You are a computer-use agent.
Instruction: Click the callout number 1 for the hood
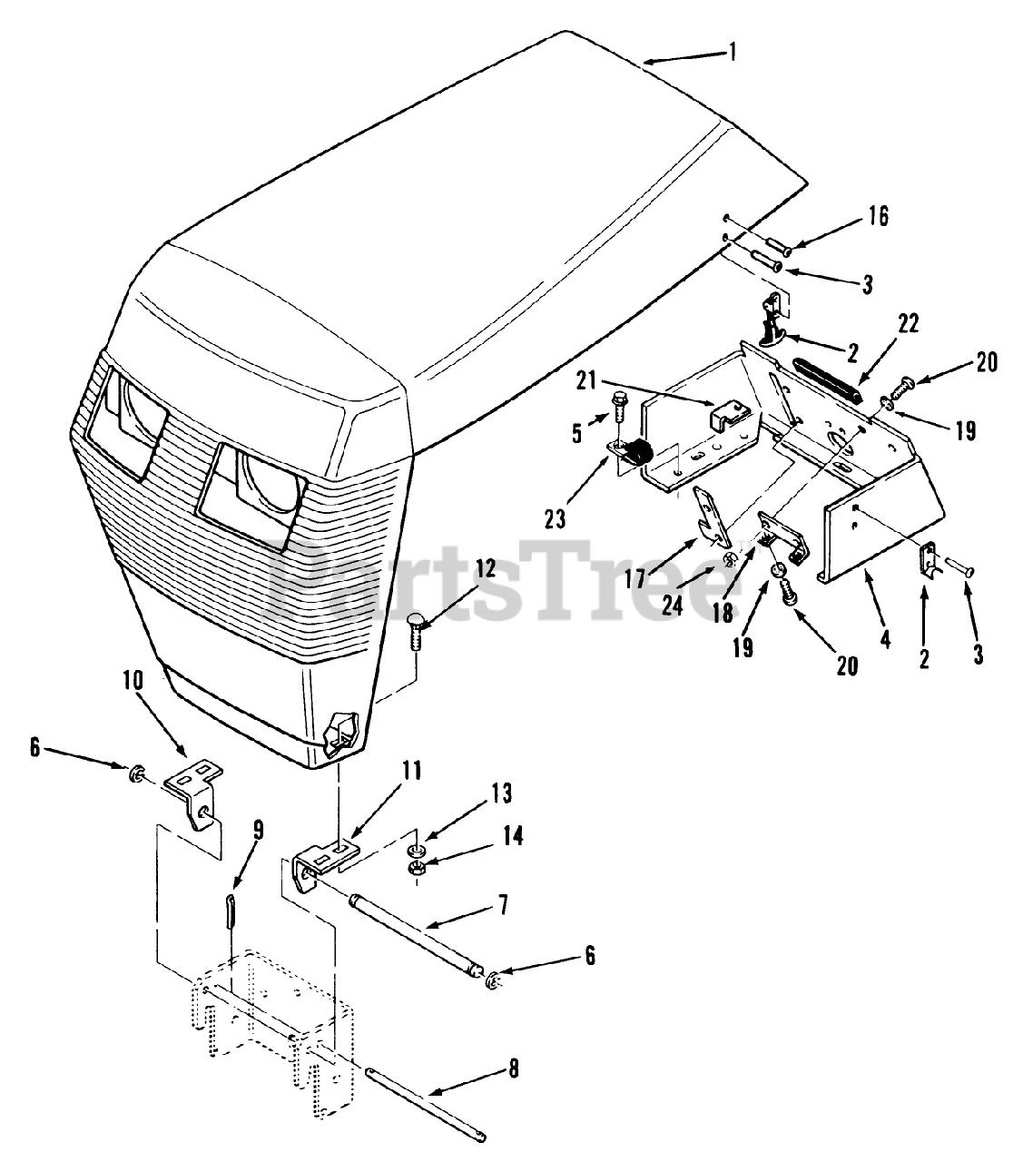[x=732, y=52]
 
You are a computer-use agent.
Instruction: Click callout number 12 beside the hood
[x=486, y=570]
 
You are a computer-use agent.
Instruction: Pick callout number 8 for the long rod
[x=514, y=1069]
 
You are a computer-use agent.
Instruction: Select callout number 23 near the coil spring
[x=554, y=518]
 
